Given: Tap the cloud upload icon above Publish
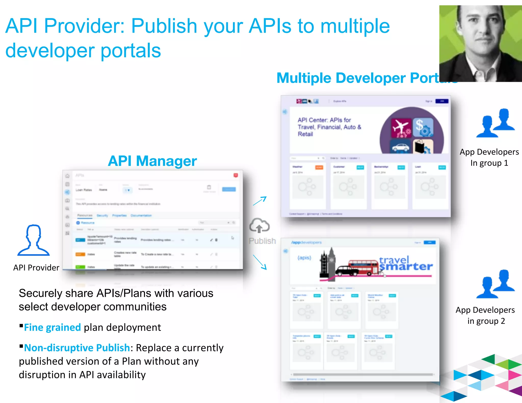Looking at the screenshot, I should (259, 225).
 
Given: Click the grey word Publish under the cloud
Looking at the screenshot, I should (262, 241).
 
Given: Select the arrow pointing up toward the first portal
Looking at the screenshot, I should (260, 201).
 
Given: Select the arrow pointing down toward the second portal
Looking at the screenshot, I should (260, 262).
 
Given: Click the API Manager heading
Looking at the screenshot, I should (152, 161).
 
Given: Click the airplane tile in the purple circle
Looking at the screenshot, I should (401, 128).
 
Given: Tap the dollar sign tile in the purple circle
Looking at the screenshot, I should (423, 127).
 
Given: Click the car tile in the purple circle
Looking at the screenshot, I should (401, 146).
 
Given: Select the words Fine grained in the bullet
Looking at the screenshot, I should (53, 327).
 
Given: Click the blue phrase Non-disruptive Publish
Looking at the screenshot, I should (77, 348).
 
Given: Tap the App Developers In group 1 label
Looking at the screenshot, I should (489, 157).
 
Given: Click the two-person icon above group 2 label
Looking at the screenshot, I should (495, 284).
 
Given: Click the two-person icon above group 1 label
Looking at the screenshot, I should (495, 123).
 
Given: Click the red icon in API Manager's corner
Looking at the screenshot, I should (236, 175).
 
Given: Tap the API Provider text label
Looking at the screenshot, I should (36, 268).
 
